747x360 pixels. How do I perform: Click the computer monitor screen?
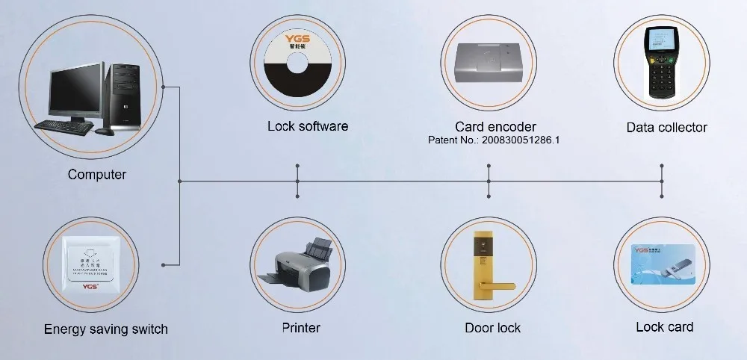[x=75, y=91]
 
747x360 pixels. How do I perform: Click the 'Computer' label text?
[x=97, y=175]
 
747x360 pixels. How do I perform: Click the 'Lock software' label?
[x=308, y=126]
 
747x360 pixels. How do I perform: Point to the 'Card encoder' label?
[x=495, y=126]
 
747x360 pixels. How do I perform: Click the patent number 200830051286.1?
[x=494, y=140]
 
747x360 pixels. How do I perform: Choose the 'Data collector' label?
[x=666, y=128]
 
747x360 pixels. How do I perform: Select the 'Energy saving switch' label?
[x=105, y=329]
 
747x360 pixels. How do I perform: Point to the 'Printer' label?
[x=301, y=328]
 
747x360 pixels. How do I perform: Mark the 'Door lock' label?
[x=492, y=328]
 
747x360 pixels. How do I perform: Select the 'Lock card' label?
[x=664, y=327]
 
